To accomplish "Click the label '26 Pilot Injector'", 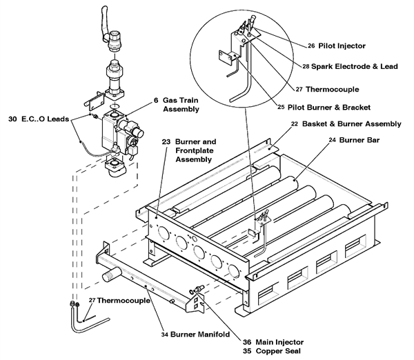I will click(x=336, y=46).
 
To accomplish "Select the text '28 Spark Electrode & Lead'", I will click(x=344, y=66).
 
